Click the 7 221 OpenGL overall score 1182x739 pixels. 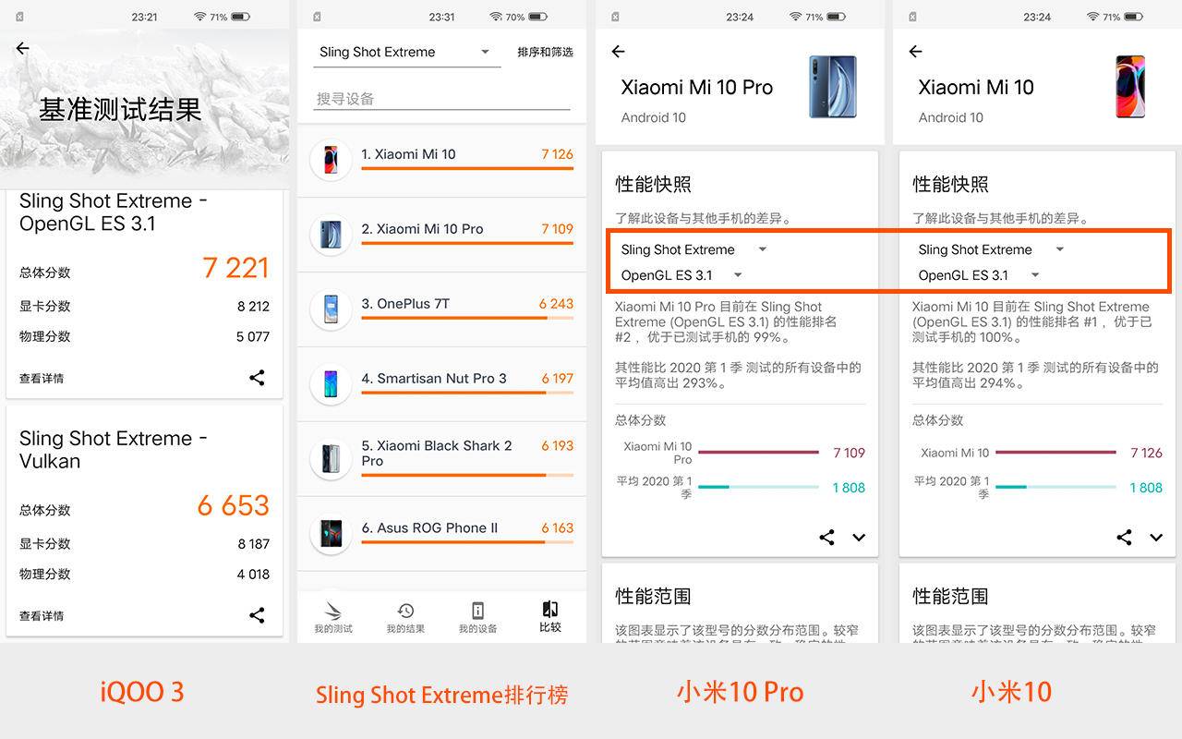coord(235,268)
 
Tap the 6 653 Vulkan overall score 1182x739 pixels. coord(233,505)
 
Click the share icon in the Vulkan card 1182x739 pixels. coord(257,615)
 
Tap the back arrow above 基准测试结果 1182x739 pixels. coord(23,49)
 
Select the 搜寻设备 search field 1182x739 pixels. coord(441,99)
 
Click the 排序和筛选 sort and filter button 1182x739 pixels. coord(545,52)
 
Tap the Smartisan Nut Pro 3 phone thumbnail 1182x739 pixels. coord(331,383)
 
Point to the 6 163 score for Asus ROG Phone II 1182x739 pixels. coord(557,528)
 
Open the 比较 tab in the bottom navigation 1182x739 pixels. coord(550,616)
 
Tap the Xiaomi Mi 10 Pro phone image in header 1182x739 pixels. coord(832,88)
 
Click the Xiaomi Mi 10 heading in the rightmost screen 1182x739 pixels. coord(975,88)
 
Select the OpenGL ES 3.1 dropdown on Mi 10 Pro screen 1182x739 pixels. coord(681,275)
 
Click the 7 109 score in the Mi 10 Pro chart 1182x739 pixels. coord(849,453)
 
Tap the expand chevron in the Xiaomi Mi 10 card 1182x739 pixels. coord(1156,538)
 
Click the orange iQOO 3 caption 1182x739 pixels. coord(142,692)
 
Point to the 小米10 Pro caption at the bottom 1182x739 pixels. coord(740,692)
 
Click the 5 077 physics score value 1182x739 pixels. coord(252,337)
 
